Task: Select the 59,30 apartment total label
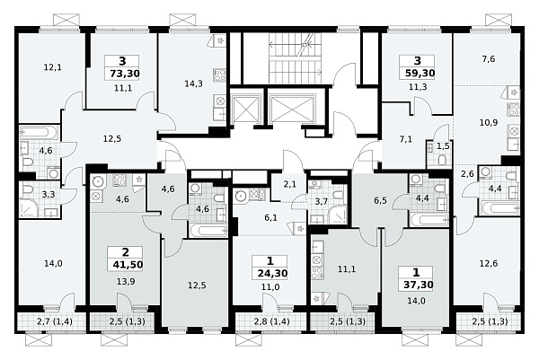point(418,74)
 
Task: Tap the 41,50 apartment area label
point(128,265)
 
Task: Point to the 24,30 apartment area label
point(272,274)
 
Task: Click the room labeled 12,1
point(53,67)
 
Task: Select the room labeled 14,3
point(193,83)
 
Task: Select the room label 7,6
point(488,59)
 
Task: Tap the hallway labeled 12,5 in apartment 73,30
point(112,139)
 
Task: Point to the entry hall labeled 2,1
point(290,185)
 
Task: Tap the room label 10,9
point(489,122)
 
